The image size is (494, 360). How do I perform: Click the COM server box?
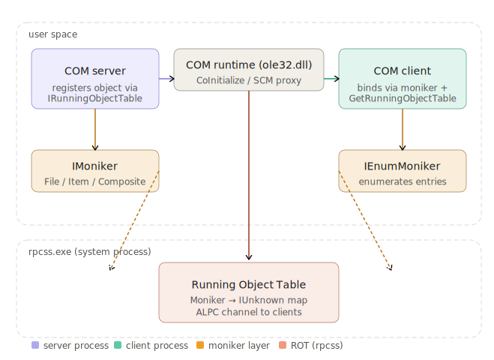click(x=95, y=79)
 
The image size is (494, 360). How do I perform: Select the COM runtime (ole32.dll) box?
click(x=249, y=70)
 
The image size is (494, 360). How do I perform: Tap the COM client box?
click(x=403, y=79)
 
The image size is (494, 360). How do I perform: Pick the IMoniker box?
click(x=95, y=171)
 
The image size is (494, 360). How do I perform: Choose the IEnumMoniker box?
click(x=403, y=171)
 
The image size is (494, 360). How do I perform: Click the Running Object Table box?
click(x=249, y=292)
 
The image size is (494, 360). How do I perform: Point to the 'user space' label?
click(x=52, y=34)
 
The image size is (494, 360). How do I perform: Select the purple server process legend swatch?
click(x=35, y=346)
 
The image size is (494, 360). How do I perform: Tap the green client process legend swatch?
click(x=118, y=346)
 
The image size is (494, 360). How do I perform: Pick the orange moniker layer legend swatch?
click(x=200, y=346)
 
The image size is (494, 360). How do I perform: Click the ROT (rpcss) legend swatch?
click(x=283, y=346)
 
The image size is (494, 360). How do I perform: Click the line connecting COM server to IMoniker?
click(x=95, y=129)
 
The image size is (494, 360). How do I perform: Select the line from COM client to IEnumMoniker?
click(x=403, y=129)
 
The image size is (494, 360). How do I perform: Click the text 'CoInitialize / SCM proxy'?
click(x=249, y=80)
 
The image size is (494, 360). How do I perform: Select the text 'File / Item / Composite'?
click(x=95, y=181)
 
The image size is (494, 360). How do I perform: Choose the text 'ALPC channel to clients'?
click(x=249, y=312)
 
